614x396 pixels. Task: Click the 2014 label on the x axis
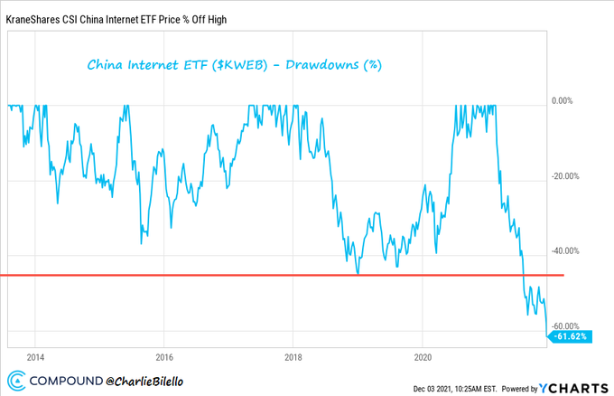point(35,354)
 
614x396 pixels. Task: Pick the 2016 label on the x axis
point(164,354)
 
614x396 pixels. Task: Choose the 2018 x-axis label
point(293,354)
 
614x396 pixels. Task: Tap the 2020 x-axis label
point(422,354)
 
